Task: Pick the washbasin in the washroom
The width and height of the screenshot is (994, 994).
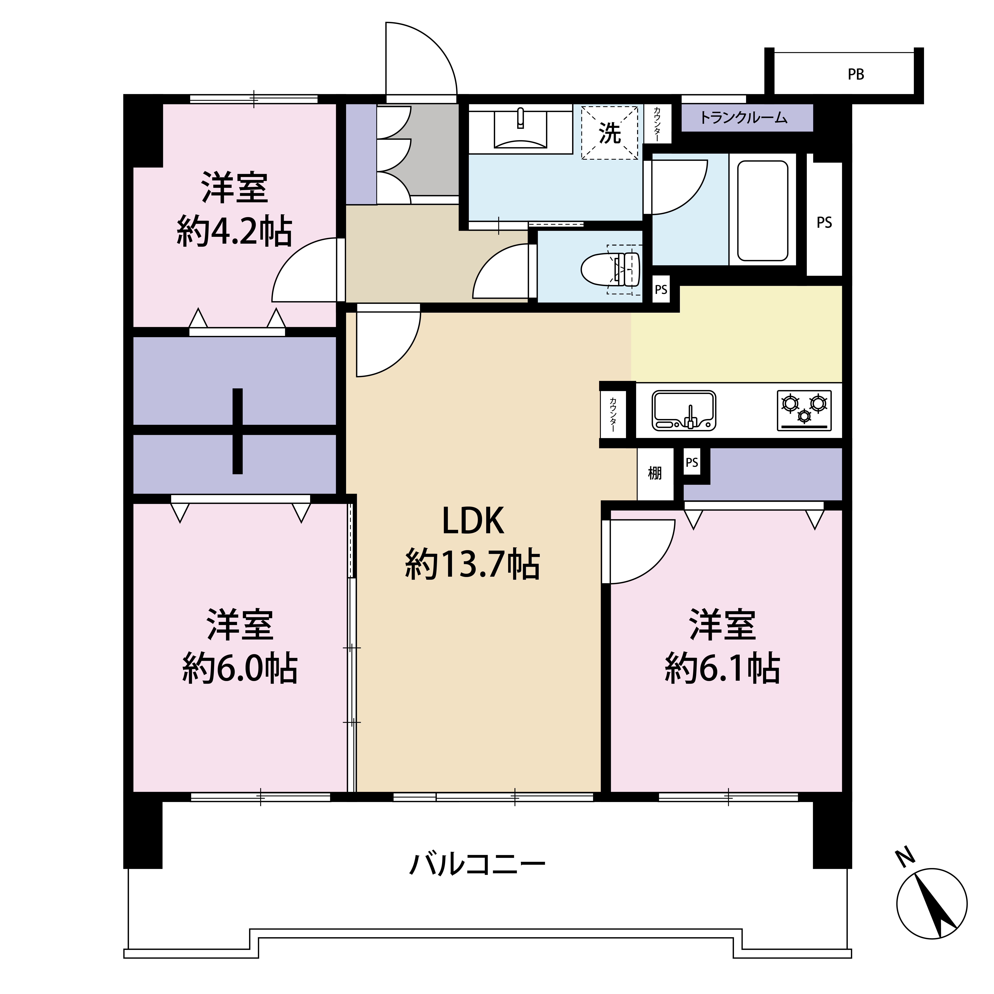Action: point(520,129)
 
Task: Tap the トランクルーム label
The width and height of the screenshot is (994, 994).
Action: point(744,118)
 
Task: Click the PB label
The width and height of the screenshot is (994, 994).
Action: point(856,75)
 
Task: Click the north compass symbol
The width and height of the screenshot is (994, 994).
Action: point(932,904)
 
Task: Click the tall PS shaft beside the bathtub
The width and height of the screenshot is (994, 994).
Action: point(824,219)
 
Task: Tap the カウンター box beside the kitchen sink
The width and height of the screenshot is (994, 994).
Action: point(613,414)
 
